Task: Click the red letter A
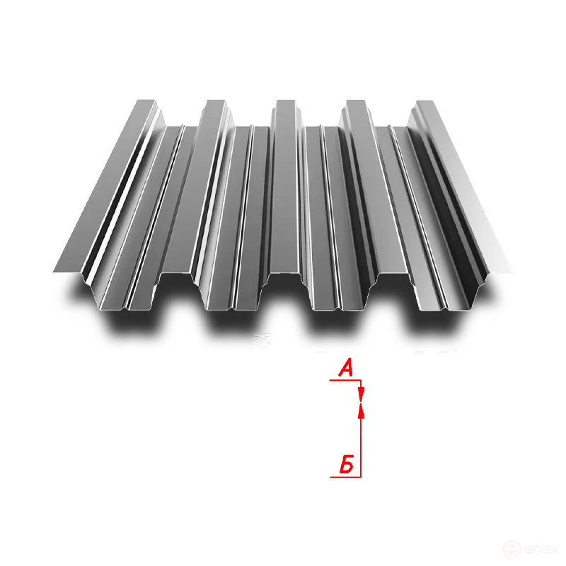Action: (345, 368)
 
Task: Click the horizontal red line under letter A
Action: (345, 380)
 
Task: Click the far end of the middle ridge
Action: (286, 103)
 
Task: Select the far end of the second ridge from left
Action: (214, 103)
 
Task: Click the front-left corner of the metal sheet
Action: (54, 270)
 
